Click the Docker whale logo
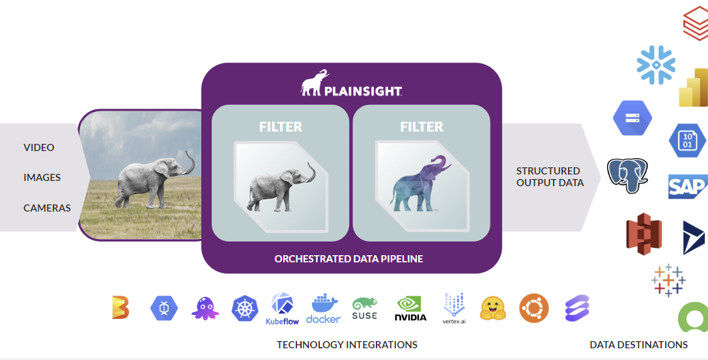(323, 309)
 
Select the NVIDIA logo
(410, 309)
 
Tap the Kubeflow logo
(282, 309)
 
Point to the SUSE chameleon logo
(364, 309)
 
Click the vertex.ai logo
(454, 309)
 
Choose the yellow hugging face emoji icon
(492, 309)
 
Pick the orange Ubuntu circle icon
(533, 308)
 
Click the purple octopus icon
(205, 309)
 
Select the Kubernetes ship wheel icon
(245, 309)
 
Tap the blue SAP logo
(688, 186)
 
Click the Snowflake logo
(656, 65)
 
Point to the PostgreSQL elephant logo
(627, 175)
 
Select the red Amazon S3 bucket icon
(644, 234)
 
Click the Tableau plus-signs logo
(668, 280)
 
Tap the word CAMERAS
(47, 208)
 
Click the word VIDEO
(39, 148)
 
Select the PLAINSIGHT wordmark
(363, 91)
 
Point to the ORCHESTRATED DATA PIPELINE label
(348, 259)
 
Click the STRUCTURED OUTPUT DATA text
(550, 177)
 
